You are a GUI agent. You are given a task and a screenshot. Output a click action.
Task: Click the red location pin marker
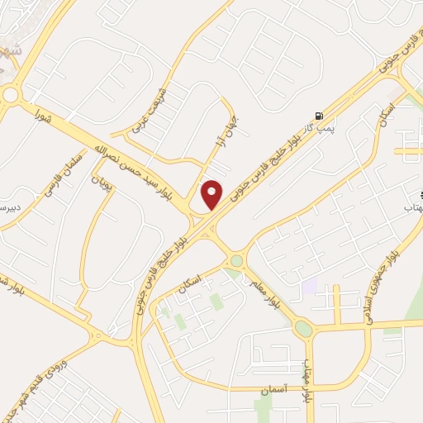[212, 195]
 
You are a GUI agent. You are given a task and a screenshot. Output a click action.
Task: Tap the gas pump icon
[319, 116]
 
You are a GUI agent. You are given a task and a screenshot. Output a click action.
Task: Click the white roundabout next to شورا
[11, 95]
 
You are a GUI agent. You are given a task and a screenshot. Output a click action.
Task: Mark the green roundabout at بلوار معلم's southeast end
[303, 328]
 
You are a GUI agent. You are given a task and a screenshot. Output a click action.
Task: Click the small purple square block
[310, 287]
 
